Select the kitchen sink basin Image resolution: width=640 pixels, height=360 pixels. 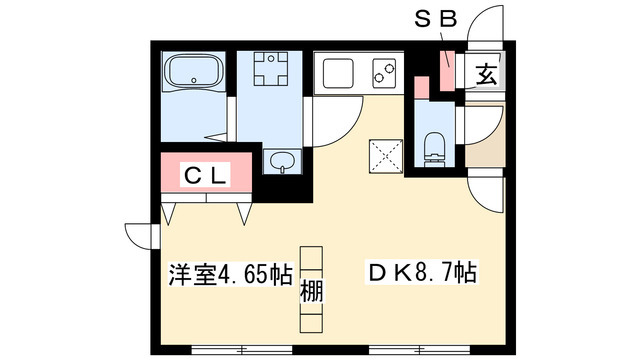click(x=337, y=72)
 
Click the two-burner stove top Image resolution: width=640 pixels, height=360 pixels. click(x=385, y=72)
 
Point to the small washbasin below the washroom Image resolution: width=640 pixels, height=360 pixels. click(x=279, y=162)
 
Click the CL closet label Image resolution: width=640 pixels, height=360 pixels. click(x=205, y=176)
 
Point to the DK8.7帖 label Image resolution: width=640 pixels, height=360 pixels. click(x=421, y=273)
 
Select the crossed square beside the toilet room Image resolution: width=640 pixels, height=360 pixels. click(x=385, y=158)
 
